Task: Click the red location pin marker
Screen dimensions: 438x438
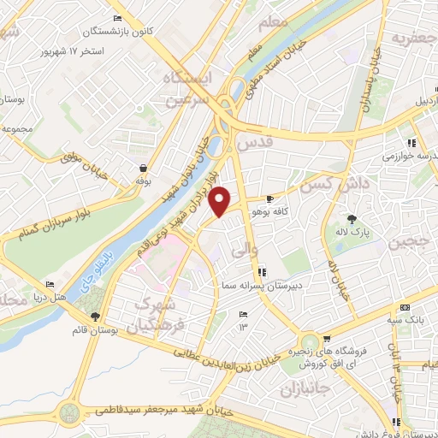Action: pyautogui.click(x=221, y=201)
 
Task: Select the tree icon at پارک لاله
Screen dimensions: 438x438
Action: pyautogui.click(x=350, y=218)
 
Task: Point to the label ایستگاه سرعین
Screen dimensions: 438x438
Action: pyautogui.click(x=185, y=89)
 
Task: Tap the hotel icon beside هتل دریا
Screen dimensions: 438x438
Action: pyautogui.click(x=50, y=285)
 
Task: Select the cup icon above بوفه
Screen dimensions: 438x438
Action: pyautogui.click(x=143, y=169)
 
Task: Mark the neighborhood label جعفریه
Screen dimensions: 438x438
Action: pyautogui.click(x=413, y=38)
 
